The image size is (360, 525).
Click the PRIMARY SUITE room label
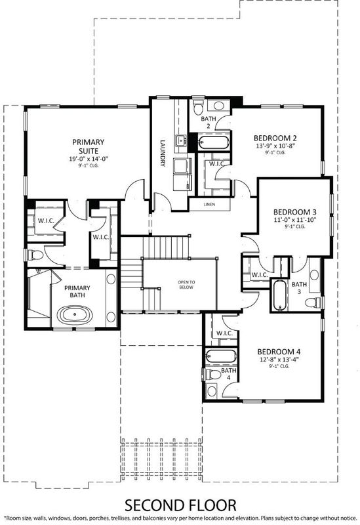pos(89,146)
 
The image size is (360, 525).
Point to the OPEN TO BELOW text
pos(186,285)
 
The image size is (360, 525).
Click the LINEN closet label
pos(209,204)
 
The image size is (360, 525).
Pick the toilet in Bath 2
pos(199,106)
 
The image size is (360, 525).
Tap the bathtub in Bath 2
pos(214,142)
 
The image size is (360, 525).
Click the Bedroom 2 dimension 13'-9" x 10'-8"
pos(275,146)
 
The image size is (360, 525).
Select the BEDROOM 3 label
pos(295,212)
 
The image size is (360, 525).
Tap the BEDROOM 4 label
pos(279,352)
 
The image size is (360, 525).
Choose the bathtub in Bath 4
pos(221,356)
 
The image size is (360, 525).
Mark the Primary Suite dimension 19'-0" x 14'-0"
pos(89,159)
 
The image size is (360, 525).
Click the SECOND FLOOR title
pos(180,505)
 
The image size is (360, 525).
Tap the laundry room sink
pos(181,140)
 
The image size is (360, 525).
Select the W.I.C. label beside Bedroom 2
pos(217,164)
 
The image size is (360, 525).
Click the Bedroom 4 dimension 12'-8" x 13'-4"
pos(279,360)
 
